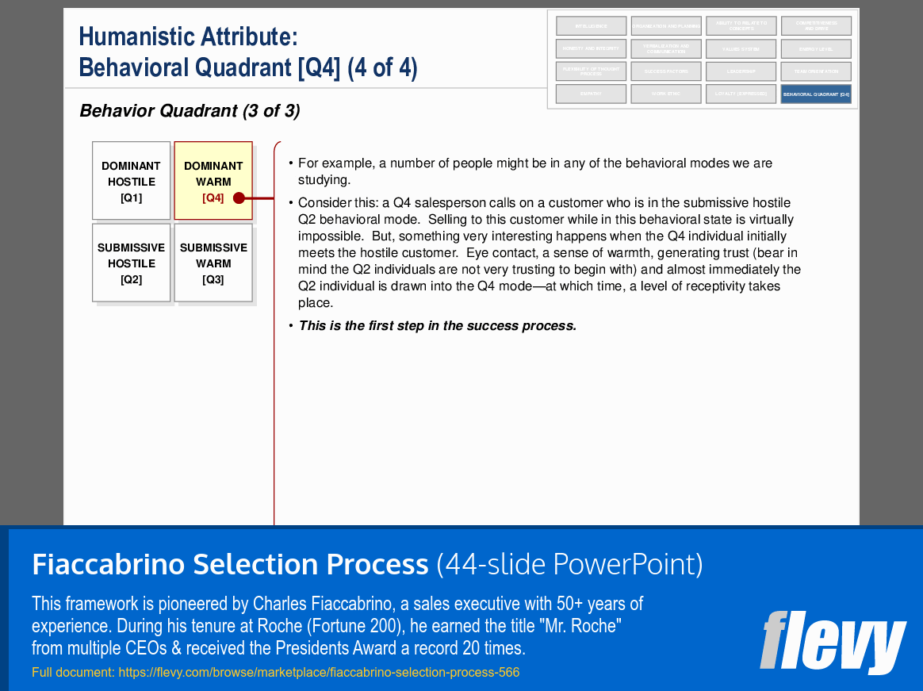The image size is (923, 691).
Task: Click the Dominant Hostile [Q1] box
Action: click(x=131, y=181)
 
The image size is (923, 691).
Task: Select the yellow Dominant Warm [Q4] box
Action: click(x=213, y=181)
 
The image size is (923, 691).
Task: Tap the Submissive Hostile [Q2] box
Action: click(x=131, y=263)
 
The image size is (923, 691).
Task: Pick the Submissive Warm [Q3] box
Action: click(x=213, y=263)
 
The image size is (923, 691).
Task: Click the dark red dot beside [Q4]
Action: click(x=239, y=198)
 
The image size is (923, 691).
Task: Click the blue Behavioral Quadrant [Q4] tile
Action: click(x=816, y=94)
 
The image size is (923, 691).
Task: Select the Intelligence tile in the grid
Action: click(x=591, y=26)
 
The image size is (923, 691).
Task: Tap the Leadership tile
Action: click(x=741, y=71)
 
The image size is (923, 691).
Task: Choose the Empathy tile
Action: click(x=591, y=94)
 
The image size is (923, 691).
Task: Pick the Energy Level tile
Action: click(x=816, y=49)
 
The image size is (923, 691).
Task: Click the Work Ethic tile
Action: click(x=666, y=94)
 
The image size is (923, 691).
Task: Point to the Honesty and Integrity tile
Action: click(x=591, y=49)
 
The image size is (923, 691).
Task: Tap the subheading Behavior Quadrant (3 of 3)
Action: click(x=190, y=111)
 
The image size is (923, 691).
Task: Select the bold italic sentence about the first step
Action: click(x=437, y=326)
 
